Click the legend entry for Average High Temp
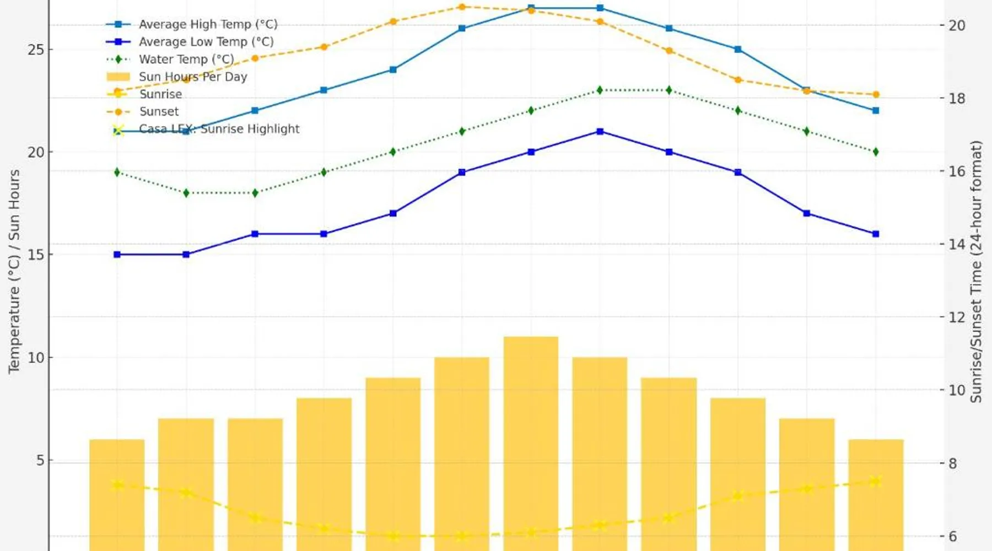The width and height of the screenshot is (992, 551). (x=208, y=24)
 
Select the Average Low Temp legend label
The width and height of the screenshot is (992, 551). (x=206, y=42)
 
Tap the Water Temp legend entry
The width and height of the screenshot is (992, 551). (x=186, y=59)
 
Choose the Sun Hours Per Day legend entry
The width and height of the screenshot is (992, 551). (x=192, y=77)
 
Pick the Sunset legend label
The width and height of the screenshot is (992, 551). (x=159, y=111)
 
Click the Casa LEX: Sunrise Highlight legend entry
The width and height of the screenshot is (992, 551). (x=219, y=129)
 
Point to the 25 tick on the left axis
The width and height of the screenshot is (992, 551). (x=36, y=50)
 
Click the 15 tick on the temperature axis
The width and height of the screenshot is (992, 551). (x=36, y=255)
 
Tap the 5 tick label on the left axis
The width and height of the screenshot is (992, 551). (x=40, y=460)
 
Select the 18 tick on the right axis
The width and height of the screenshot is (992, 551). (x=956, y=99)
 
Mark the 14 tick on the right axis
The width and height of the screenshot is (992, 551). (x=956, y=244)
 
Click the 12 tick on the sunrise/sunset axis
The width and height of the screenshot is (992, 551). (x=956, y=317)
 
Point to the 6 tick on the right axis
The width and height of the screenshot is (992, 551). (x=952, y=536)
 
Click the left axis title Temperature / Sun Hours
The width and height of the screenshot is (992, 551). (x=14, y=271)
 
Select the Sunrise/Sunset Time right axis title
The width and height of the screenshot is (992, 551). (x=976, y=271)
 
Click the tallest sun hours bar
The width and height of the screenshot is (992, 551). (x=531, y=441)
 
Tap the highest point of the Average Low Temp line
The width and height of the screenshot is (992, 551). (x=600, y=132)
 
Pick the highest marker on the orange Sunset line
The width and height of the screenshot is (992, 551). (x=462, y=7)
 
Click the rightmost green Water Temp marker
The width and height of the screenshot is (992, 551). (x=876, y=152)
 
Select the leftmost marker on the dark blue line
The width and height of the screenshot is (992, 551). (x=117, y=255)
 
